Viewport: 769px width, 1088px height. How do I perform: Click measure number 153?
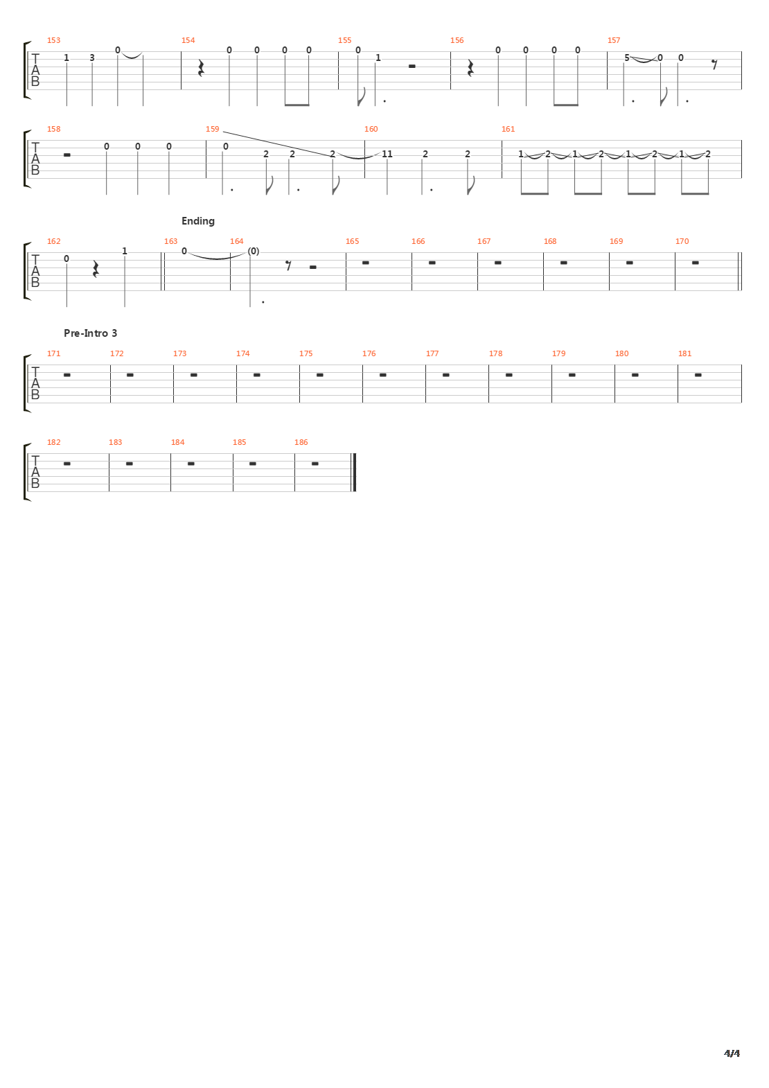click(x=53, y=40)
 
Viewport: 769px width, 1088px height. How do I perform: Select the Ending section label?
click(x=198, y=221)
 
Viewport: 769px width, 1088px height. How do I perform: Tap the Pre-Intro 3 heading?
click(x=90, y=333)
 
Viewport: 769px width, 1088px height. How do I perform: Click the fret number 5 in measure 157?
click(x=627, y=58)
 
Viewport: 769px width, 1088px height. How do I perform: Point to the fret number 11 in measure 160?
click(x=387, y=154)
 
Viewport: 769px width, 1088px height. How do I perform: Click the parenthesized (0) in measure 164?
click(x=254, y=251)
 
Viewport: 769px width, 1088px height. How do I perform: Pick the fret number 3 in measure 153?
click(x=91, y=58)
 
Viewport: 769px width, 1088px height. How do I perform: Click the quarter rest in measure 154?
click(x=201, y=68)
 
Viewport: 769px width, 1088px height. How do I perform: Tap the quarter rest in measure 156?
click(x=470, y=68)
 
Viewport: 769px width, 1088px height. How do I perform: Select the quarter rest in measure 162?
click(x=96, y=269)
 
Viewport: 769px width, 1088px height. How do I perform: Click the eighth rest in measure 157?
click(x=714, y=64)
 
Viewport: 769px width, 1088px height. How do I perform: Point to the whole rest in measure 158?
click(x=67, y=155)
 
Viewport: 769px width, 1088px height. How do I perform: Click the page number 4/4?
click(x=732, y=1053)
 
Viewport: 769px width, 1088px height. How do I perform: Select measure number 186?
click(x=301, y=443)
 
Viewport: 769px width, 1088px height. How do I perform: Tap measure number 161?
click(x=508, y=129)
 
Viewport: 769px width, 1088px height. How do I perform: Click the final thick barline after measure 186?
click(x=355, y=473)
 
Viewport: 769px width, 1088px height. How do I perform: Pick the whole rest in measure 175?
click(x=320, y=375)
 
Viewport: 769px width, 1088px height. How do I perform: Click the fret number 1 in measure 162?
click(x=125, y=251)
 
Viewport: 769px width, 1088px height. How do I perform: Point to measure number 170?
click(x=682, y=241)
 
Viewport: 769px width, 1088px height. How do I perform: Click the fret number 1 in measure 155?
click(x=378, y=58)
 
